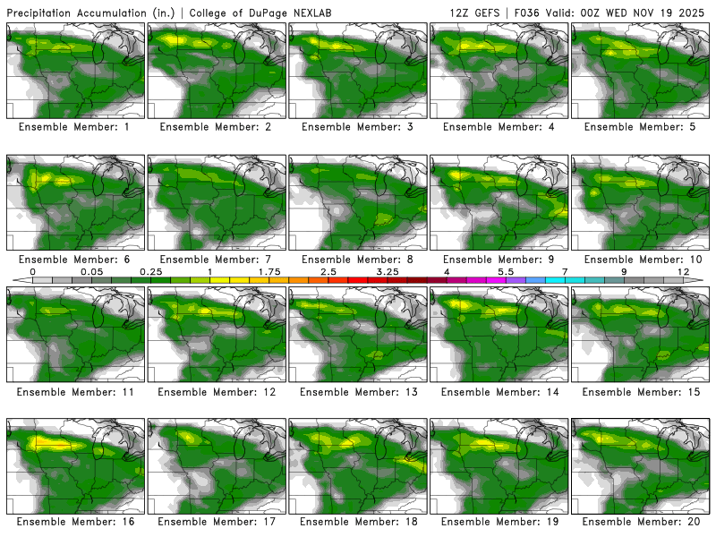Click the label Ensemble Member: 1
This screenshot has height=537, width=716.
pos(76,127)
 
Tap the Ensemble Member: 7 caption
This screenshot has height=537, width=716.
pos(217,260)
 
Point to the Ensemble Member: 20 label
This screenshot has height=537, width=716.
pos(643,521)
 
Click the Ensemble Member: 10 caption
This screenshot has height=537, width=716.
pos(643,260)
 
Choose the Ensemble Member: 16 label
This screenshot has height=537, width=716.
pos(76,521)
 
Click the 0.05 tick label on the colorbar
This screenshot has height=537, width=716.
pos(91,271)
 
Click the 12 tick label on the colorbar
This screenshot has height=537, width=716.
pos(683,271)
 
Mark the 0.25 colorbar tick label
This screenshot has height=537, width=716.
pos(150,271)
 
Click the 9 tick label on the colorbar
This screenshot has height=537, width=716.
pos(624,271)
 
